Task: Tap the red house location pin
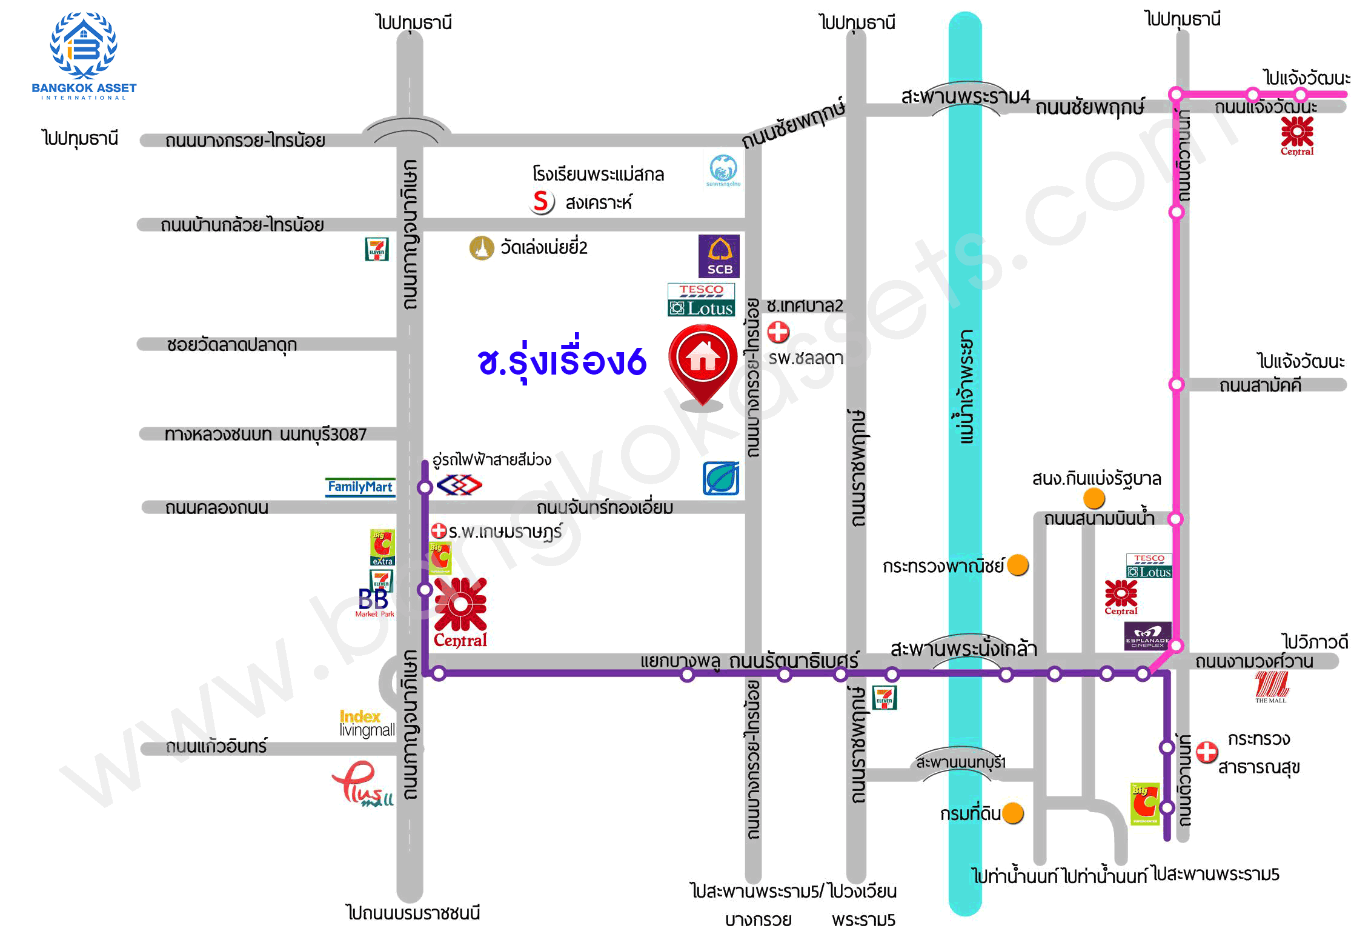[x=702, y=361]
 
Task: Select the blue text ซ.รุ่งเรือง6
[x=562, y=362]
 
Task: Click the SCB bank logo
[x=719, y=256]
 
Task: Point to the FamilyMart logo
[x=360, y=487]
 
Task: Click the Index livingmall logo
[x=367, y=723]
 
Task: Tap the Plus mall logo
[x=362, y=784]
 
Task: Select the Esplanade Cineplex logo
[x=1147, y=636]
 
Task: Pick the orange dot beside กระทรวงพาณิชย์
[x=1018, y=565]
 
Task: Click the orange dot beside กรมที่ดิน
[x=1013, y=813]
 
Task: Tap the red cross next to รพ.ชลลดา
[x=778, y=332]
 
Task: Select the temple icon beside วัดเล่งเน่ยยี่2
[x=482, y=248]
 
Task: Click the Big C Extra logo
[x=382, y=547]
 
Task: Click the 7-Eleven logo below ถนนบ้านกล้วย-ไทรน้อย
[x=377, y=249]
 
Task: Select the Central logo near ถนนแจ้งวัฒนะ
[x=1297, y=136]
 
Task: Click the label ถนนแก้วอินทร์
[x=216, y=746]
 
